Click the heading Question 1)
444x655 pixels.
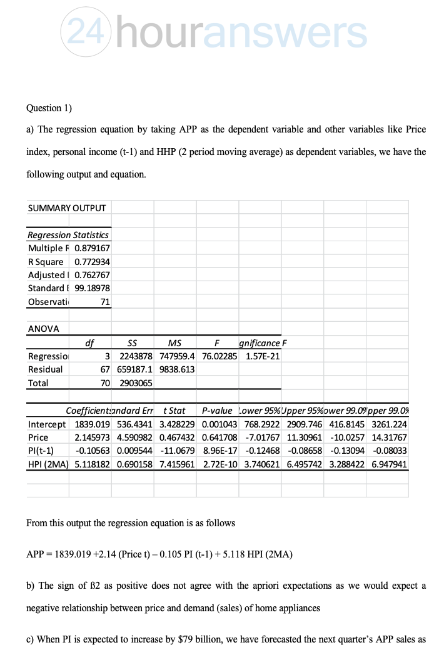pyautogui.click(x=49, y=107)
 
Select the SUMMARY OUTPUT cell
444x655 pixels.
pyautogui.click(x=67, y=207)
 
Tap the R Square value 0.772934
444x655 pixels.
pyautogui.click(x=92, y=261)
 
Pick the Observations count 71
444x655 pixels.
pyautogui.click(x=104, y=302)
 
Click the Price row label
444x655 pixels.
pyautogui.click(x=38, y=437)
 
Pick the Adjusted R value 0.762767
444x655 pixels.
pyautogui.click(x=92, y=275)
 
